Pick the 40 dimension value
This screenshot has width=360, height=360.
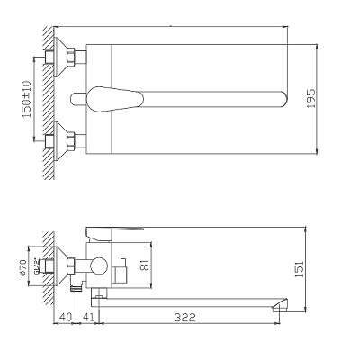coord(65,318)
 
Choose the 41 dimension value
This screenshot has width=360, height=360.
coord(87,318)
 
